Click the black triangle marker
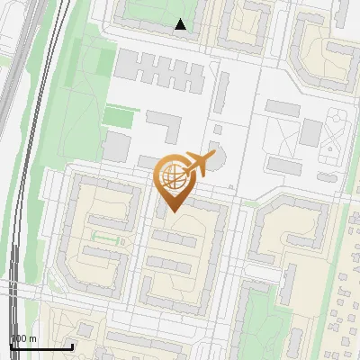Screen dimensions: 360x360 point(181,24)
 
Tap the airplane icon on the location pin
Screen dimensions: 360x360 point(197,164)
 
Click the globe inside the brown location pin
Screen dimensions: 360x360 point(172,178)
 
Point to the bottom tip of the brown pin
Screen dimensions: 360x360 point(173,211)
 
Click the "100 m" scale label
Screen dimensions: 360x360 point(23,338)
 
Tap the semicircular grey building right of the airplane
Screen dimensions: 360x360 point(216,154)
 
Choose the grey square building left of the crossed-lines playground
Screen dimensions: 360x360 point(310,132)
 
